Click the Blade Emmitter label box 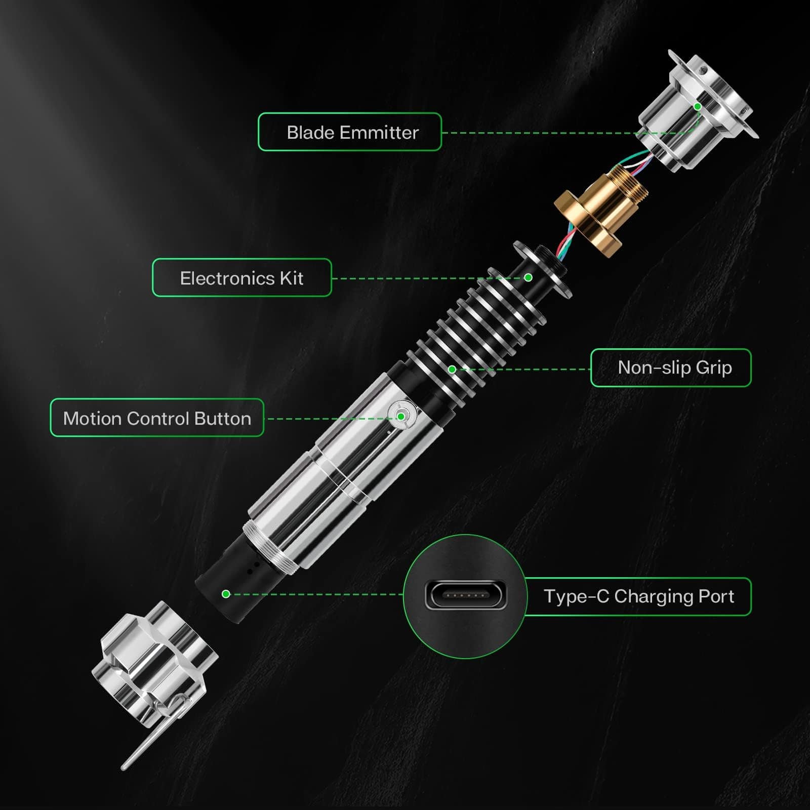coord(350,132)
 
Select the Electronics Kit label coord(242,278)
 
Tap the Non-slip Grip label coord(671,368)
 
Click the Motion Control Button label coord(157,418)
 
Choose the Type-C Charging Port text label coord(638,596)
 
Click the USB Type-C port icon coord(465,596)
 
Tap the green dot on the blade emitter coord(698,107)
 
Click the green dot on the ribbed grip coord(452,370)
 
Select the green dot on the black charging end coord(226,594)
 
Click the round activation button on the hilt coord(401,416)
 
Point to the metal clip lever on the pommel coord(152,734)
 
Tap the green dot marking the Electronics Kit coord(528,277)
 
